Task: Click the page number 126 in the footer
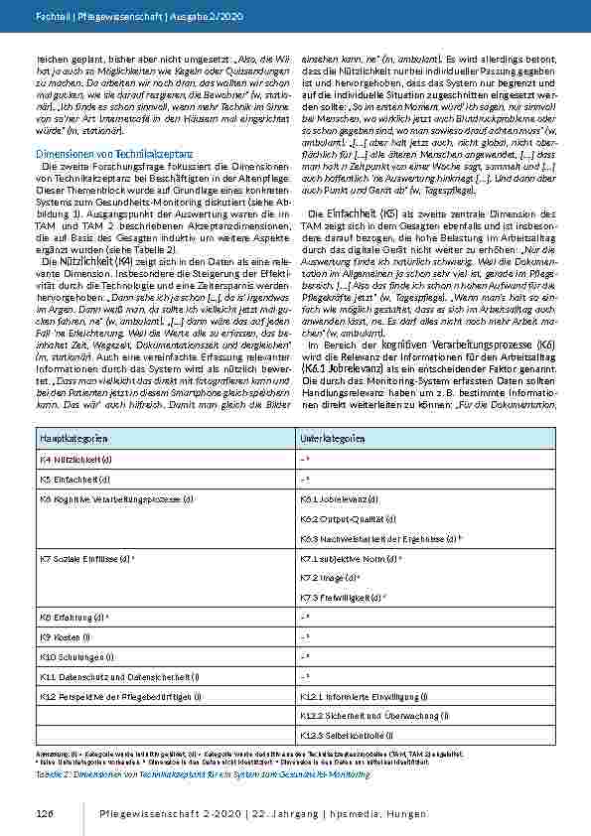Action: (43, 814)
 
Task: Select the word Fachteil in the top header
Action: (50, 17)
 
